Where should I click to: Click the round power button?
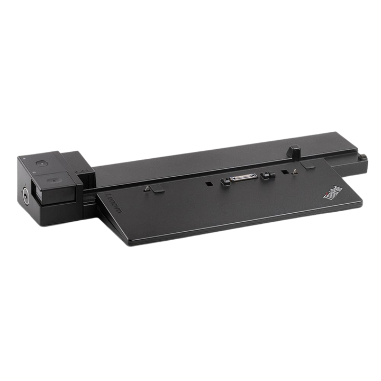42,164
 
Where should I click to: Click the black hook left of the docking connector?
225,182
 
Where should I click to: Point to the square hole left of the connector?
208,184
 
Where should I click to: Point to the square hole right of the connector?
285,172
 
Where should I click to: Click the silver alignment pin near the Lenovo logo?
147,189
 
